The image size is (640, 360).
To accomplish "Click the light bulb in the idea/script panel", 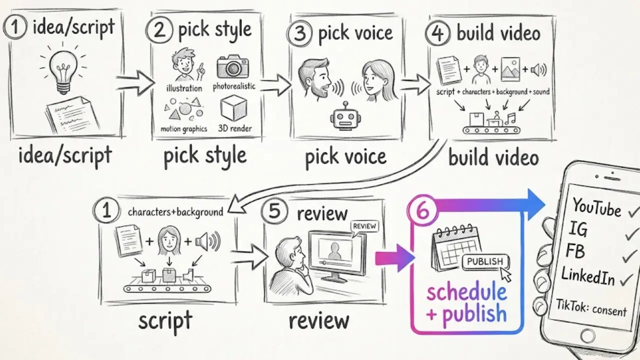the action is (x=63, y=71).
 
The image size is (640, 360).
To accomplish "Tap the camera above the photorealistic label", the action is (x=232, y=66).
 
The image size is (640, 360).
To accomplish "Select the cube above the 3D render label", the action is (x=233, y=108).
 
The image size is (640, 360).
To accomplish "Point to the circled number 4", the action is (x=437, y=33).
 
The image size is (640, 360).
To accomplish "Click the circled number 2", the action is (x=159, y=29).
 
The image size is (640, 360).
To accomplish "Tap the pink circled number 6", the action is (x=423, y=211).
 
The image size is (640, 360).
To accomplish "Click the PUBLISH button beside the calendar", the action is (x=485, y=261).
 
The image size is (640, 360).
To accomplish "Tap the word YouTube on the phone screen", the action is (x=596, y=207).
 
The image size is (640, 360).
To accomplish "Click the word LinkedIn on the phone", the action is (x=588, y=275).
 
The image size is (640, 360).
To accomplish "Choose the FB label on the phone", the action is (x=575, y=250).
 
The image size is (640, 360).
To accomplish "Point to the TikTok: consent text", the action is (x=591, y=307).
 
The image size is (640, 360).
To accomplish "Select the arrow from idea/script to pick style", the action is (x=135, y=83).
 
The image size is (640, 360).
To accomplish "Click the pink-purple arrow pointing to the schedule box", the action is (x=395, y=257).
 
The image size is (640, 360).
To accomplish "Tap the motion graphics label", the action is (x=183, y=129).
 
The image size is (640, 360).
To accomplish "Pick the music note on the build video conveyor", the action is (x=510, y=118).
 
